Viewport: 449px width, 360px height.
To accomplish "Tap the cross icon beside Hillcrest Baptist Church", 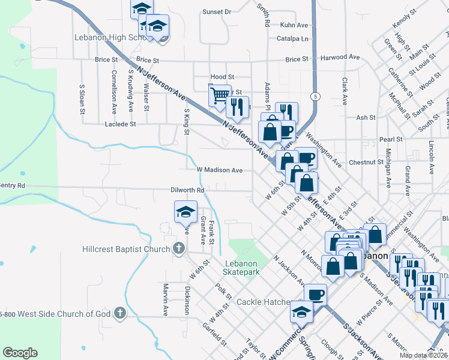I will click(178, 248).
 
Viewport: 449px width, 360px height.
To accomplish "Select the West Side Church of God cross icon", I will click(120, 313).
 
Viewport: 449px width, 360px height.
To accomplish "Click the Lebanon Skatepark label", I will click(242, 268).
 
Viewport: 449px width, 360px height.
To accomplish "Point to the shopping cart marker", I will click(220, 95).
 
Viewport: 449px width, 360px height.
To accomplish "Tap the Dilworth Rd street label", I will click(188, 190).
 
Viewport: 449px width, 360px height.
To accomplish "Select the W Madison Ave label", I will click(220, 170).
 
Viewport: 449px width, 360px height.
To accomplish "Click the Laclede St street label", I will click(121, 124).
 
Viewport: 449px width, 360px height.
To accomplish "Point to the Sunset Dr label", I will click(217, 12).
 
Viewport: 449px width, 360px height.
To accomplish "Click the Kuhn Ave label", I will click(294, 25).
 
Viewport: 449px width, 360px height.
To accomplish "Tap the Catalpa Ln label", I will click(294, 39).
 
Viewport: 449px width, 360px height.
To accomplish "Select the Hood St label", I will click(222, 77).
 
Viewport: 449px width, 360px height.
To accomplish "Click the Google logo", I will click(20, 353).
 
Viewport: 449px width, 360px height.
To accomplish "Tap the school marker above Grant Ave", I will click(185, 211).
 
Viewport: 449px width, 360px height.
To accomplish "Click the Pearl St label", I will click(390, 140).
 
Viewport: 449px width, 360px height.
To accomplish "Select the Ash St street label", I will click(366, 118).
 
